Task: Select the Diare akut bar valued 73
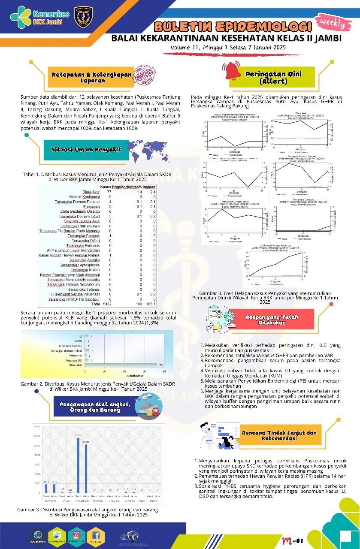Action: [121, 365]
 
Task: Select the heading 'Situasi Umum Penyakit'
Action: [86, 150]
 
